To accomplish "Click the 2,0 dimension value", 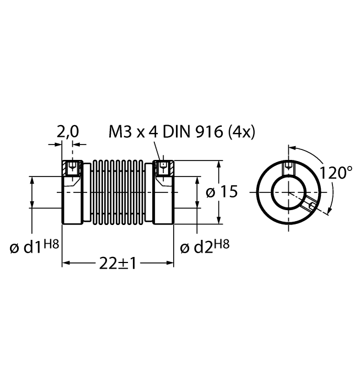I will [x=68, y=131].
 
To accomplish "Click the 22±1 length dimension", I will [x=117, y=263].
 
